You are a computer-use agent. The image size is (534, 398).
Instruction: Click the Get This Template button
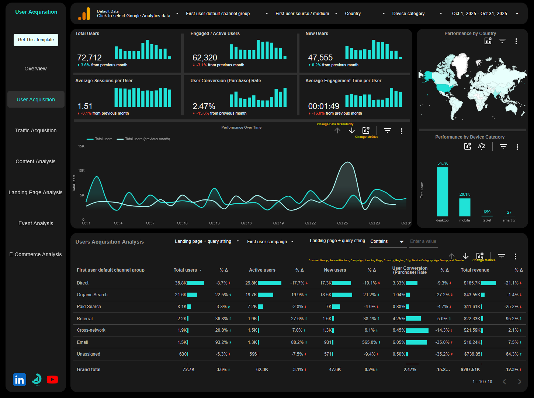click(36, 40)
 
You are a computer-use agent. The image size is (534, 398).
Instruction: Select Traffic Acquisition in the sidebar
click(36, 130)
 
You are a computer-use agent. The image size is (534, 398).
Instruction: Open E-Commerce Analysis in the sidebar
click(35, 254)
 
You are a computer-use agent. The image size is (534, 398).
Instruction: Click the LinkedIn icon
click(20, 380)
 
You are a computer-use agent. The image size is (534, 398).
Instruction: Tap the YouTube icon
click(52, 380)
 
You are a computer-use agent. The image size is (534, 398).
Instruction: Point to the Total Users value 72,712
click(89, 57)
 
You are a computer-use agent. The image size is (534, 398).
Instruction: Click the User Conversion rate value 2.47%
click(204, 106)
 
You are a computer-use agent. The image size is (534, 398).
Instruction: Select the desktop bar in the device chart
click(443, 192)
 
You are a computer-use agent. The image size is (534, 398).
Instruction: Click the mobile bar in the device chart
click(465, 207)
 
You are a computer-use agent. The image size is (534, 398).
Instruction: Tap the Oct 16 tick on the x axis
click(246, 223)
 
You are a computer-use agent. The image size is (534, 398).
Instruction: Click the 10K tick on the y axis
click(81, 171)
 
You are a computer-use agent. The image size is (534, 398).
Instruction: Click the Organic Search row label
click(92, 295)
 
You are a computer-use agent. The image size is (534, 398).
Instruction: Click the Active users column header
click(262, 270)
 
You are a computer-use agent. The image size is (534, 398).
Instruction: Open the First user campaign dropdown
click(270, 242)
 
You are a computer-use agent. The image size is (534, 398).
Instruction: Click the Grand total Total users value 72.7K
click(188, 370)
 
